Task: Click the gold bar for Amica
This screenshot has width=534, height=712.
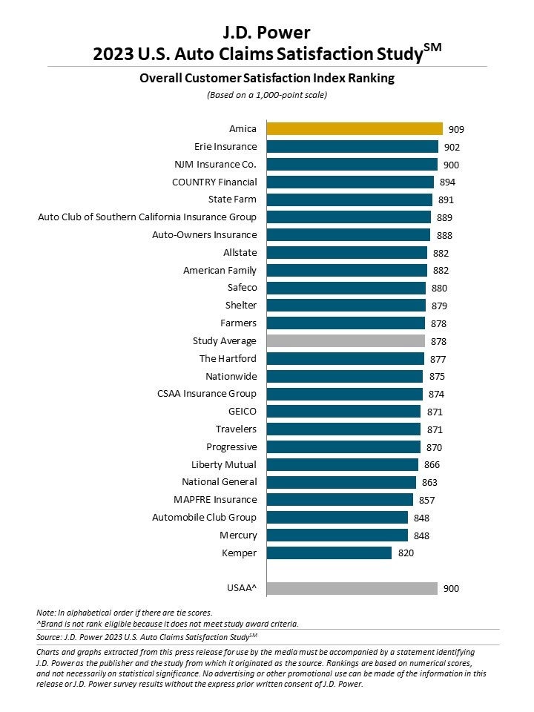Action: coord(355,129)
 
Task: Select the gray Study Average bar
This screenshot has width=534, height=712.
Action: coord(346,341)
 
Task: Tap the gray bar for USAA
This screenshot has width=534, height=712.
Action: coord(352,589)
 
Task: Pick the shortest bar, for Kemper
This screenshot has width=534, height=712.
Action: coord(329,553)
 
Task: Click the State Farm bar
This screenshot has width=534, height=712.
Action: coord(349,200)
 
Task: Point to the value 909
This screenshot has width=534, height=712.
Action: coord(456,129)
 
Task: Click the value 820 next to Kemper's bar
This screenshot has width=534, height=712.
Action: coord(405,553)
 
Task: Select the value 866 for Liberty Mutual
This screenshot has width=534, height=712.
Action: coord(432,465)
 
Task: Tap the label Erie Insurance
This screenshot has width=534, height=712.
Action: coord(225,147)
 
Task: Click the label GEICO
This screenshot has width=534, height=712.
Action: coord(243,412)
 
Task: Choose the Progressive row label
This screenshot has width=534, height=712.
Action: coord(231,447)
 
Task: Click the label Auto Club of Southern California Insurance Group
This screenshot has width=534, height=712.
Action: coord(148,217)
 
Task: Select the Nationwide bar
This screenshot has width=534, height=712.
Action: coord(345,377)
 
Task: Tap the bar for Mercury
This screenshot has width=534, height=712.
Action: coord(337,535)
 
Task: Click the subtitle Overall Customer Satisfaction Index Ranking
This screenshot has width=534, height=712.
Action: coord(266,78)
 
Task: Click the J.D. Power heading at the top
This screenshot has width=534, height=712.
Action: coord(266,32)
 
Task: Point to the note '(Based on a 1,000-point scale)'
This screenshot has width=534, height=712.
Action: coord(266,95)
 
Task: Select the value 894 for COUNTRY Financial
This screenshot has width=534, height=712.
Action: coord(447,182)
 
